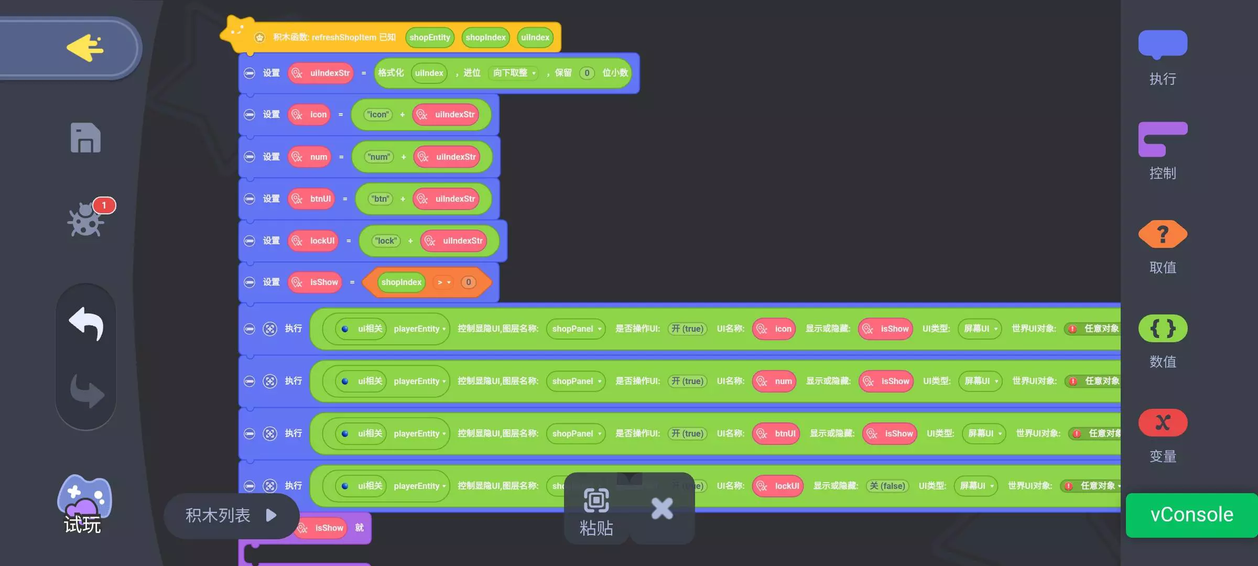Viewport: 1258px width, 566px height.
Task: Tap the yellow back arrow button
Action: [x=85, y=48]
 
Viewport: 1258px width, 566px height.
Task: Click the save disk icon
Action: [x=85, y=138]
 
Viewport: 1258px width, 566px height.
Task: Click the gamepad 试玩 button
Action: [x=84, y=503]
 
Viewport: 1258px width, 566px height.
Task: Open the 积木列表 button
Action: [x=231, y=516]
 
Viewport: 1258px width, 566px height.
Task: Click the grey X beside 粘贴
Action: [x=662, y=508]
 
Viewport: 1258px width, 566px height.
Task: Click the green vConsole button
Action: [x=1191, y=515]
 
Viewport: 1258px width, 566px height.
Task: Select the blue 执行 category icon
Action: [x=1163, y=44]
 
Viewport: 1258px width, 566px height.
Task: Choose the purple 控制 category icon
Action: [x=1163, y=139]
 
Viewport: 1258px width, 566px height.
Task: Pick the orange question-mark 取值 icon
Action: [x=1163, y=234]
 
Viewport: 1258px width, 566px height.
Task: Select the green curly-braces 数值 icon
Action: [x=1163, y=329]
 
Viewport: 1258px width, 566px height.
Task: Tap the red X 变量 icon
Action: [x=1163, y=422]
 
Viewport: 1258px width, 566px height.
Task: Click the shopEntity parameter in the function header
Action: [x=429, y=38]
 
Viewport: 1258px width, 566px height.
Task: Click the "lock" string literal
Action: [x=386, y=241]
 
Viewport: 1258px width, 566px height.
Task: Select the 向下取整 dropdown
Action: [x=514, y=73]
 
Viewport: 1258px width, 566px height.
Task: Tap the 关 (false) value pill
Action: [x=887, y=486]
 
